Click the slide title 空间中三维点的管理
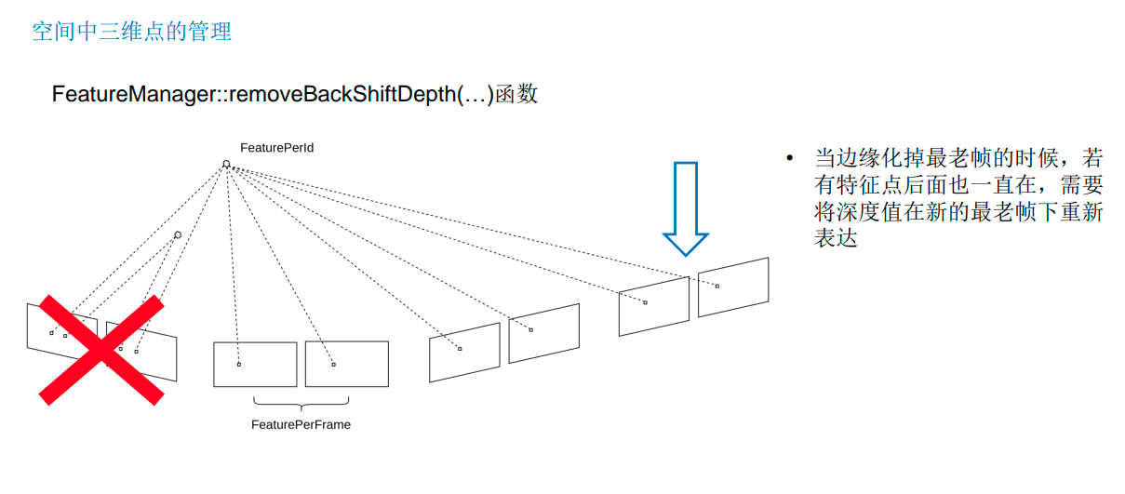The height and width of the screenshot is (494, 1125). tap(131, 32)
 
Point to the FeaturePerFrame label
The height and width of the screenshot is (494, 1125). tap(301, 424)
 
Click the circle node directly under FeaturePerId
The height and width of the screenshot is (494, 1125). tap(226, 165)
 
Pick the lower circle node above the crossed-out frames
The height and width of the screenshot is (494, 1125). tap(178, 234)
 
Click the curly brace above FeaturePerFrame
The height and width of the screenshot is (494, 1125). tap(301, 403)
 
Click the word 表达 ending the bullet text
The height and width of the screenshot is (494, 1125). tap(835, 239)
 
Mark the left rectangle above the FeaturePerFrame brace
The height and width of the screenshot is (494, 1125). tap(255, 364)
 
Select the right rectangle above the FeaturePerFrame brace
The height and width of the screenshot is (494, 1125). tap(346, 364)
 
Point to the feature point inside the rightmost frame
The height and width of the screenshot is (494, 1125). tap(717, 286)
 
